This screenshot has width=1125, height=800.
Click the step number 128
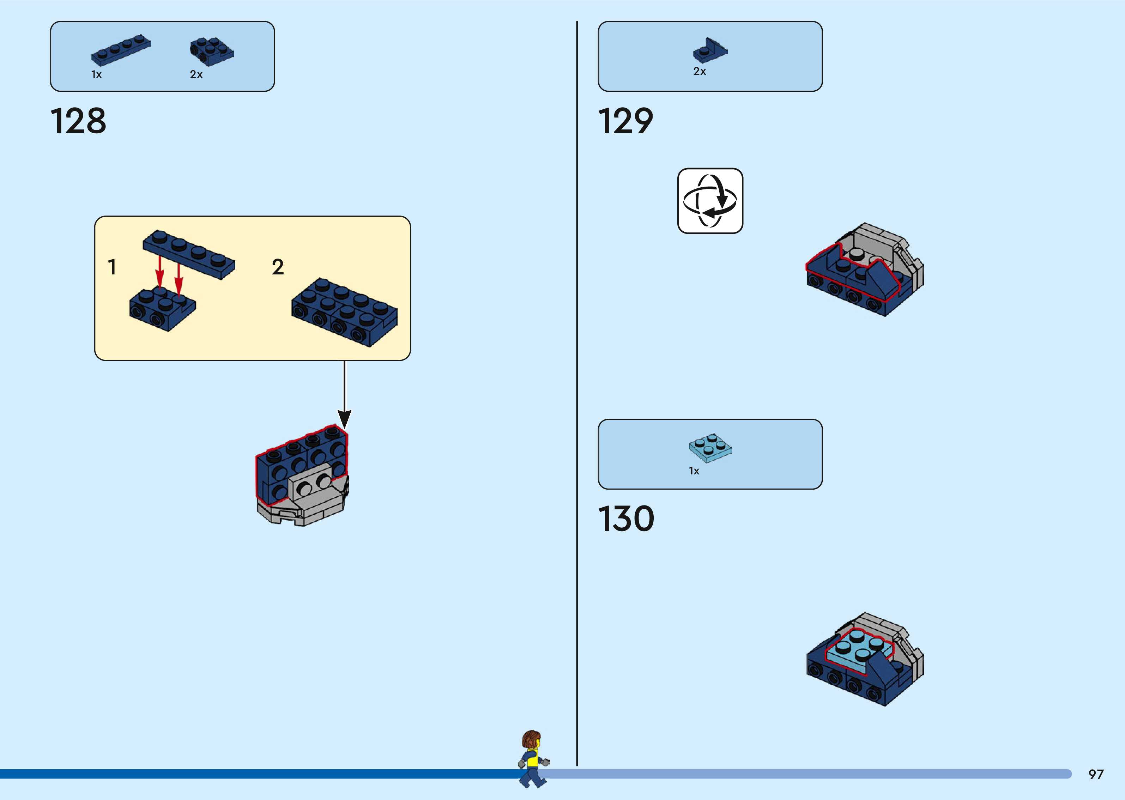(x=78, y=121)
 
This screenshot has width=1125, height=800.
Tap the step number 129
(x=625, y=121)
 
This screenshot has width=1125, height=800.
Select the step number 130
(x=626, y=519)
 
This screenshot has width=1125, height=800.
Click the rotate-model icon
(x=710, y=200)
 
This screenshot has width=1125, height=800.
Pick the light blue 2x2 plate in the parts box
(x=710, y=448)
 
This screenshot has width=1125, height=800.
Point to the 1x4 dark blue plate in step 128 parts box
(x=121, y=50)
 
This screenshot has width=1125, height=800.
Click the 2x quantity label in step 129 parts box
(x=700, y=71)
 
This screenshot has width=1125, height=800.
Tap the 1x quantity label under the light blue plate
(x=694, y=471)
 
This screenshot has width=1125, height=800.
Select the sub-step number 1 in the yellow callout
(x=112, y=267)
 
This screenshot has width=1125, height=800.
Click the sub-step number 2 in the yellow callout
(x=278, y=267)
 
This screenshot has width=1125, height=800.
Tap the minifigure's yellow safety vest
(x=532, y=760)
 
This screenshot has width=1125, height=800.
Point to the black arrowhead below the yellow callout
(x=344, y=419)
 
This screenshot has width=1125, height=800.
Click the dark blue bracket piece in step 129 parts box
(x=710, y=50)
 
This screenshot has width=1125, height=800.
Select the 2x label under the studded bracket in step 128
(x=196, y=74)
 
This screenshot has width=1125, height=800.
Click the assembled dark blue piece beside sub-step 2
(x=344, y=311)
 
